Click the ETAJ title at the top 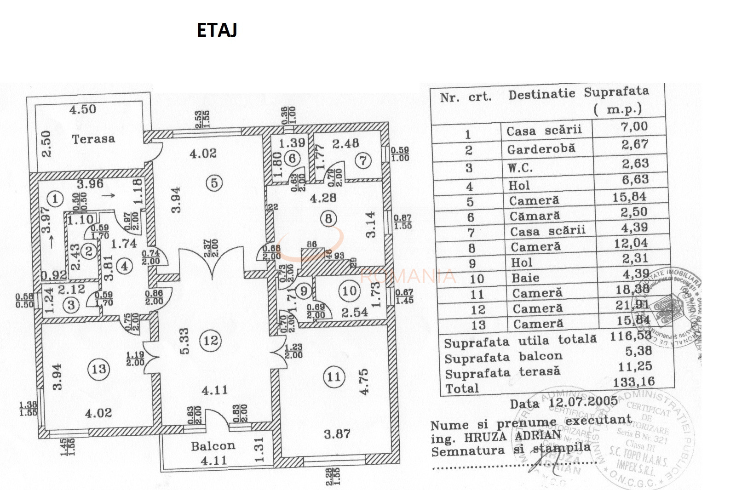click(217, 30)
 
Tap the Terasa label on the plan click(93, 139)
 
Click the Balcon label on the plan click(213, 446)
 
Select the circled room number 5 click(214, 183)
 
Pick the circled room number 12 click(211, 341)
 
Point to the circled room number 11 click(334, 377)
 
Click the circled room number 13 click(99, 369)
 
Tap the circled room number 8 click(328, 218)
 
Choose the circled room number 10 click(349, 291)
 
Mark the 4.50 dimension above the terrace click(83, 109)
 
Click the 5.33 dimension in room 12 click(184, 341)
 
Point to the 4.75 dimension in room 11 click(364, 382)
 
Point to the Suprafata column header click(616, 92)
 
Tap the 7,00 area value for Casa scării click(634, 126)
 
